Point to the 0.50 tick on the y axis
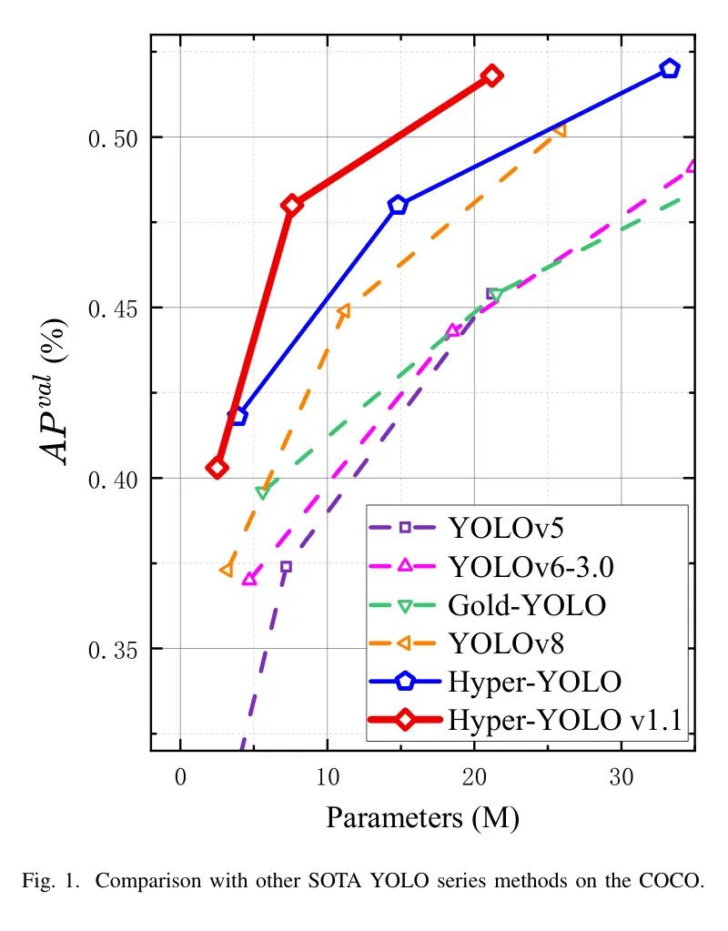pos(111,138)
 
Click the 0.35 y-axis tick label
pos(111,650)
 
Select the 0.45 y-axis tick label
pos(111,309)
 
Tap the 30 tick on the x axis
pos(622,779)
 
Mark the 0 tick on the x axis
pos(180,779)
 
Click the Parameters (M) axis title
pos(422,817)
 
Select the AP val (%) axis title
pos(61,392)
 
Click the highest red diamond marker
pos(491,76)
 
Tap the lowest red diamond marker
pos(217,468)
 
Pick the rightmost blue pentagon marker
pos(670,68)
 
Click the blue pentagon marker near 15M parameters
pos(398,205)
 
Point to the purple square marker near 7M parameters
pos(286,566)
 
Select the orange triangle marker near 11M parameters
pos(343,311)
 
